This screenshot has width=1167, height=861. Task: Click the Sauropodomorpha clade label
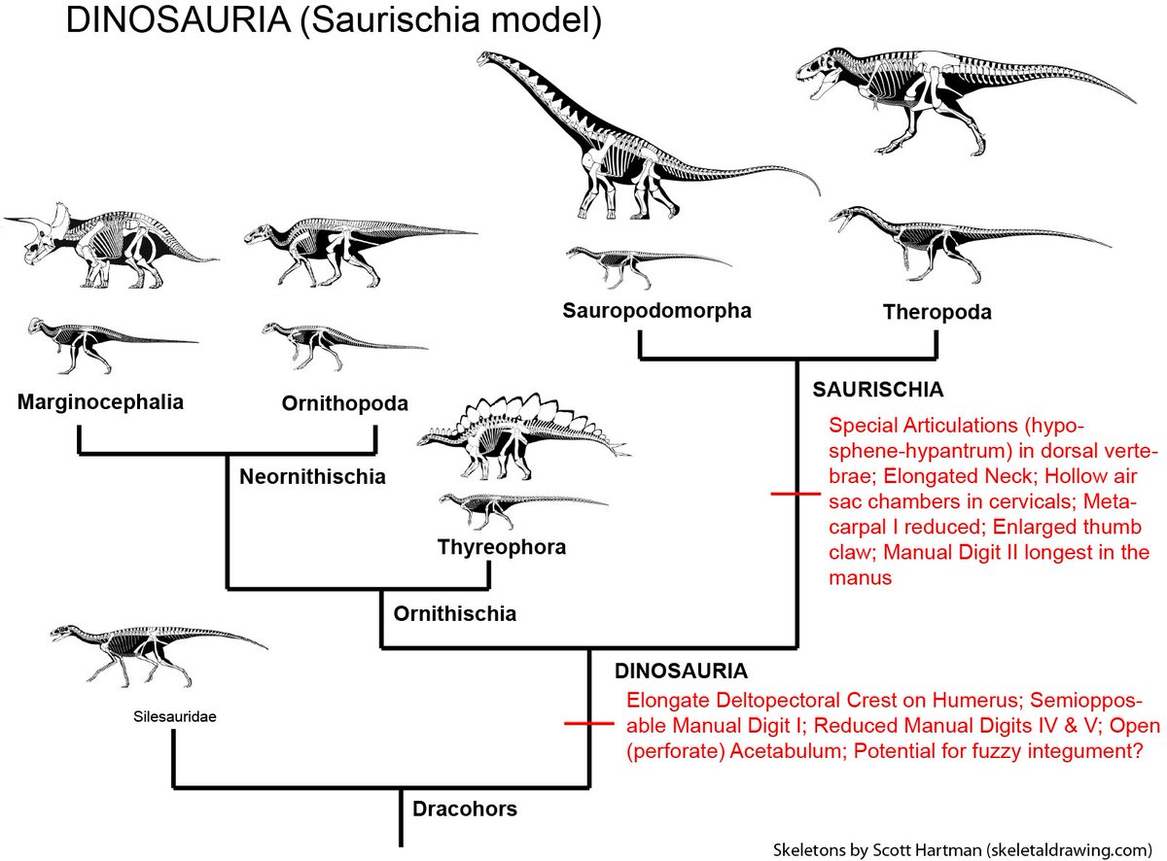click(656, 311)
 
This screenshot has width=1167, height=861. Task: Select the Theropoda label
click(937, 312)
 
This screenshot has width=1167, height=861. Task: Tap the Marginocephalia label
click(100, 400)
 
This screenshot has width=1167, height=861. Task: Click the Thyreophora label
click(502, 547)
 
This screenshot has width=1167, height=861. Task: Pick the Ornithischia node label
click(454, 613)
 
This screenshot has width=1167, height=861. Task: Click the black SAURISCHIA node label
click(877, 390)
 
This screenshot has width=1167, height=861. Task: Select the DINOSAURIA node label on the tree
click(681, 671)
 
